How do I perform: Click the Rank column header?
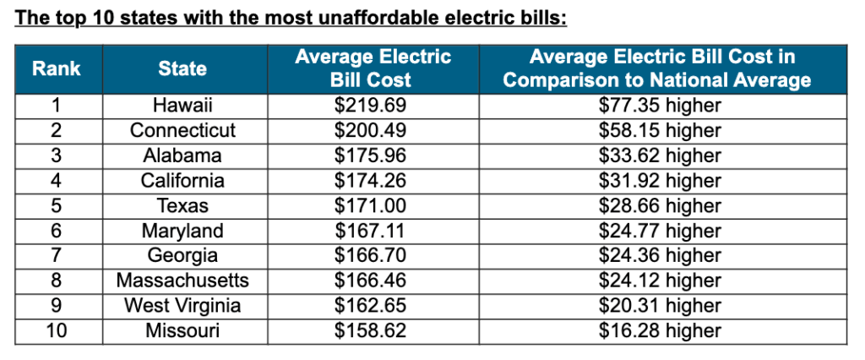pyautogui.click(x=57, y=68)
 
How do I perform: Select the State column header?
pyautogui.click(x=182, y=68)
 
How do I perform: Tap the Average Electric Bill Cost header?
pyautogui.click(x=373, y=68)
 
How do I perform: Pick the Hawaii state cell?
pyautogui.click(x=182, y=106)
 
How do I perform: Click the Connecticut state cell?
pyautogui.click(x=182, y=131)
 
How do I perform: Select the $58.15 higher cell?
pyautogui.click(x=660, y=131)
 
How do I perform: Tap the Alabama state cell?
pyautogui.click(x=182, y=155)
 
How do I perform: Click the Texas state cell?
pyautogui.click(x=182, y=205)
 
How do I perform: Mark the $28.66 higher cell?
pyautogui.click(x=660, y=205)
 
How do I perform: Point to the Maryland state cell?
pyautogui.click(x=182, y=231)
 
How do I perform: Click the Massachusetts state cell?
pyautogui.click(x=182, y=281)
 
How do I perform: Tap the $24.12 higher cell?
pyautogui.click(x=660, y=281)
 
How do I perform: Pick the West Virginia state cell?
pyautogui.click(x=182, y=305)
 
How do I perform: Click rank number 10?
pyautogui.click(x=57, y=330)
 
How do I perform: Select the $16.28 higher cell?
pyautogui.click(x=660, y=330)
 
